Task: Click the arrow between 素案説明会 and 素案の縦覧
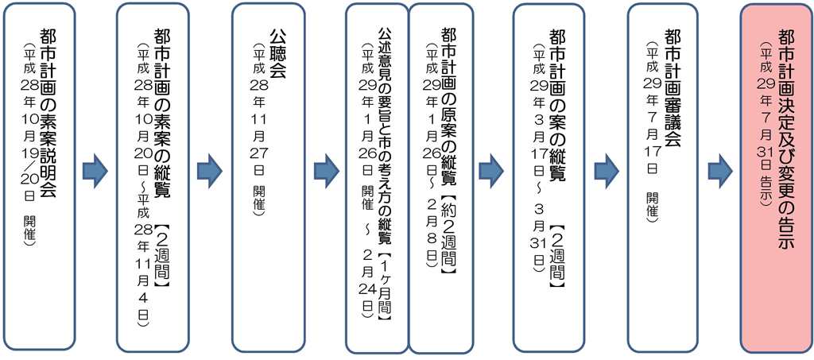[95, 170]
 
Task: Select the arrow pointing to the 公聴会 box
[209, 170]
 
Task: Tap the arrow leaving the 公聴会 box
[326, 170]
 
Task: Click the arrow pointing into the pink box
[720, 170]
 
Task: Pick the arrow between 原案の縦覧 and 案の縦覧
[491, 170]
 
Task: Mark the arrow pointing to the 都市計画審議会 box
[607, 170]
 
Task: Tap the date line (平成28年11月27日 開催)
[258, 130]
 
